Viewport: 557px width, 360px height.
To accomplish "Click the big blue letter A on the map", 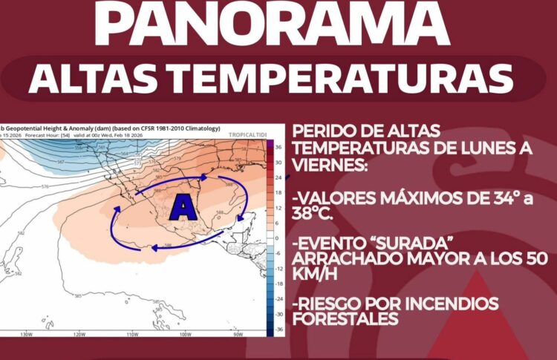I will [x=183, y=207].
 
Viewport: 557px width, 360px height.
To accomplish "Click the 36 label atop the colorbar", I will [x=279, y=146].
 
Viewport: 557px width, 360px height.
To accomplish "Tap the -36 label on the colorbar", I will [x=279, y=327].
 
